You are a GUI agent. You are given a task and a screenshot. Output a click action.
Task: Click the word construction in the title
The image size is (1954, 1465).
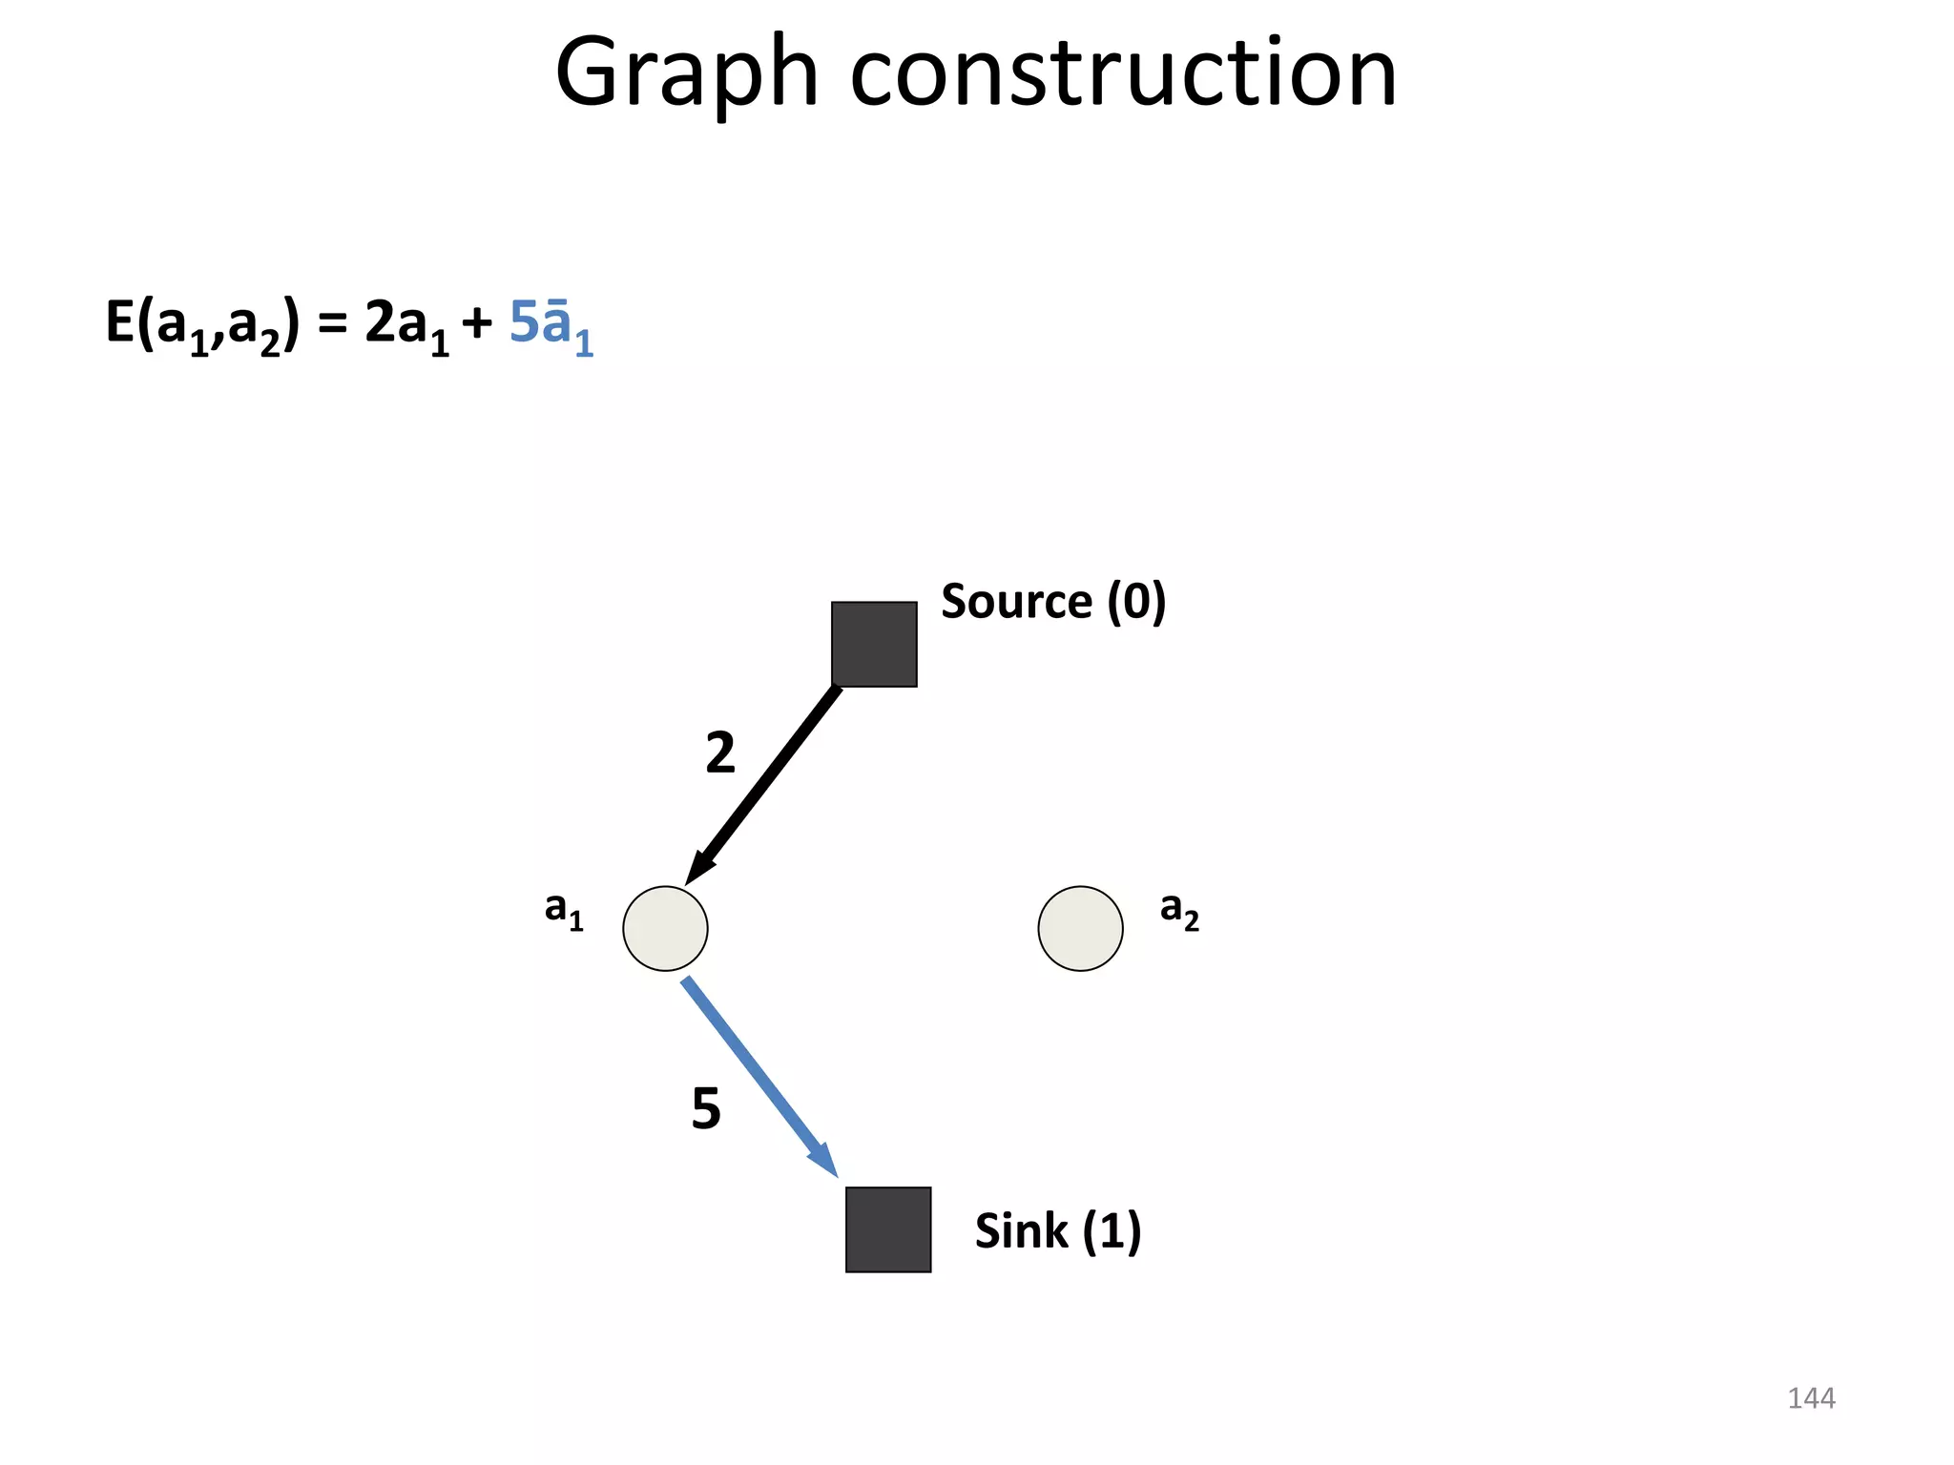(x=1123, y=74)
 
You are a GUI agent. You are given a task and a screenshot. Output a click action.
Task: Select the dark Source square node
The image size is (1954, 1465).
(x=874, y=644)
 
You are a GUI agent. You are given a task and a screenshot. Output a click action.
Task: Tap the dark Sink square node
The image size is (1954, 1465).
(x=888, y=1229)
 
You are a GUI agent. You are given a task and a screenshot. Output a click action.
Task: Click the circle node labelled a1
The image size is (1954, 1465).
(x=665, y=929)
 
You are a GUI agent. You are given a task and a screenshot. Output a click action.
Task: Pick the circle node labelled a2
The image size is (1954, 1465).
(x=1080, y=929)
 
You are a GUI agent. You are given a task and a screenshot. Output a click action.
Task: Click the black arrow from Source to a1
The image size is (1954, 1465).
(x=763, y=784)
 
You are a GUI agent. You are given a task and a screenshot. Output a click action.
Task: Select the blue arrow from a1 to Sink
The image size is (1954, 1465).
(x=759, y=1076)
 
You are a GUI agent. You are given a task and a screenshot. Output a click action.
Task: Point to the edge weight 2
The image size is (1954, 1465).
(x=720, y=753)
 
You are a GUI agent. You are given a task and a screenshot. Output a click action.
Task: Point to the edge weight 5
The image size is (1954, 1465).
(x=706, y=1108)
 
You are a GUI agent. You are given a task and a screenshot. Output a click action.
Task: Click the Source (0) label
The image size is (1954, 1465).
(x=1053, y=602)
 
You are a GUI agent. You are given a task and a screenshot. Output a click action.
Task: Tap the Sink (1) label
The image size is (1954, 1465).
(x=1057, y=1230)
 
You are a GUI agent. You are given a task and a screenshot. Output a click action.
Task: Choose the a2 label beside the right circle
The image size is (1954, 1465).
(x=1179, y=910)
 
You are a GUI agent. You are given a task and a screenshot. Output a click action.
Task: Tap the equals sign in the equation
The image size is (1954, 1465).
(x=332, y=324)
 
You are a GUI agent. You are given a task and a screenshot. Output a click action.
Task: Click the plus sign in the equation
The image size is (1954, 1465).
(x=477, y=324)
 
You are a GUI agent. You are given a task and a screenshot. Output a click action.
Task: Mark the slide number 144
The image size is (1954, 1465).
(x=1811, y=1398)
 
